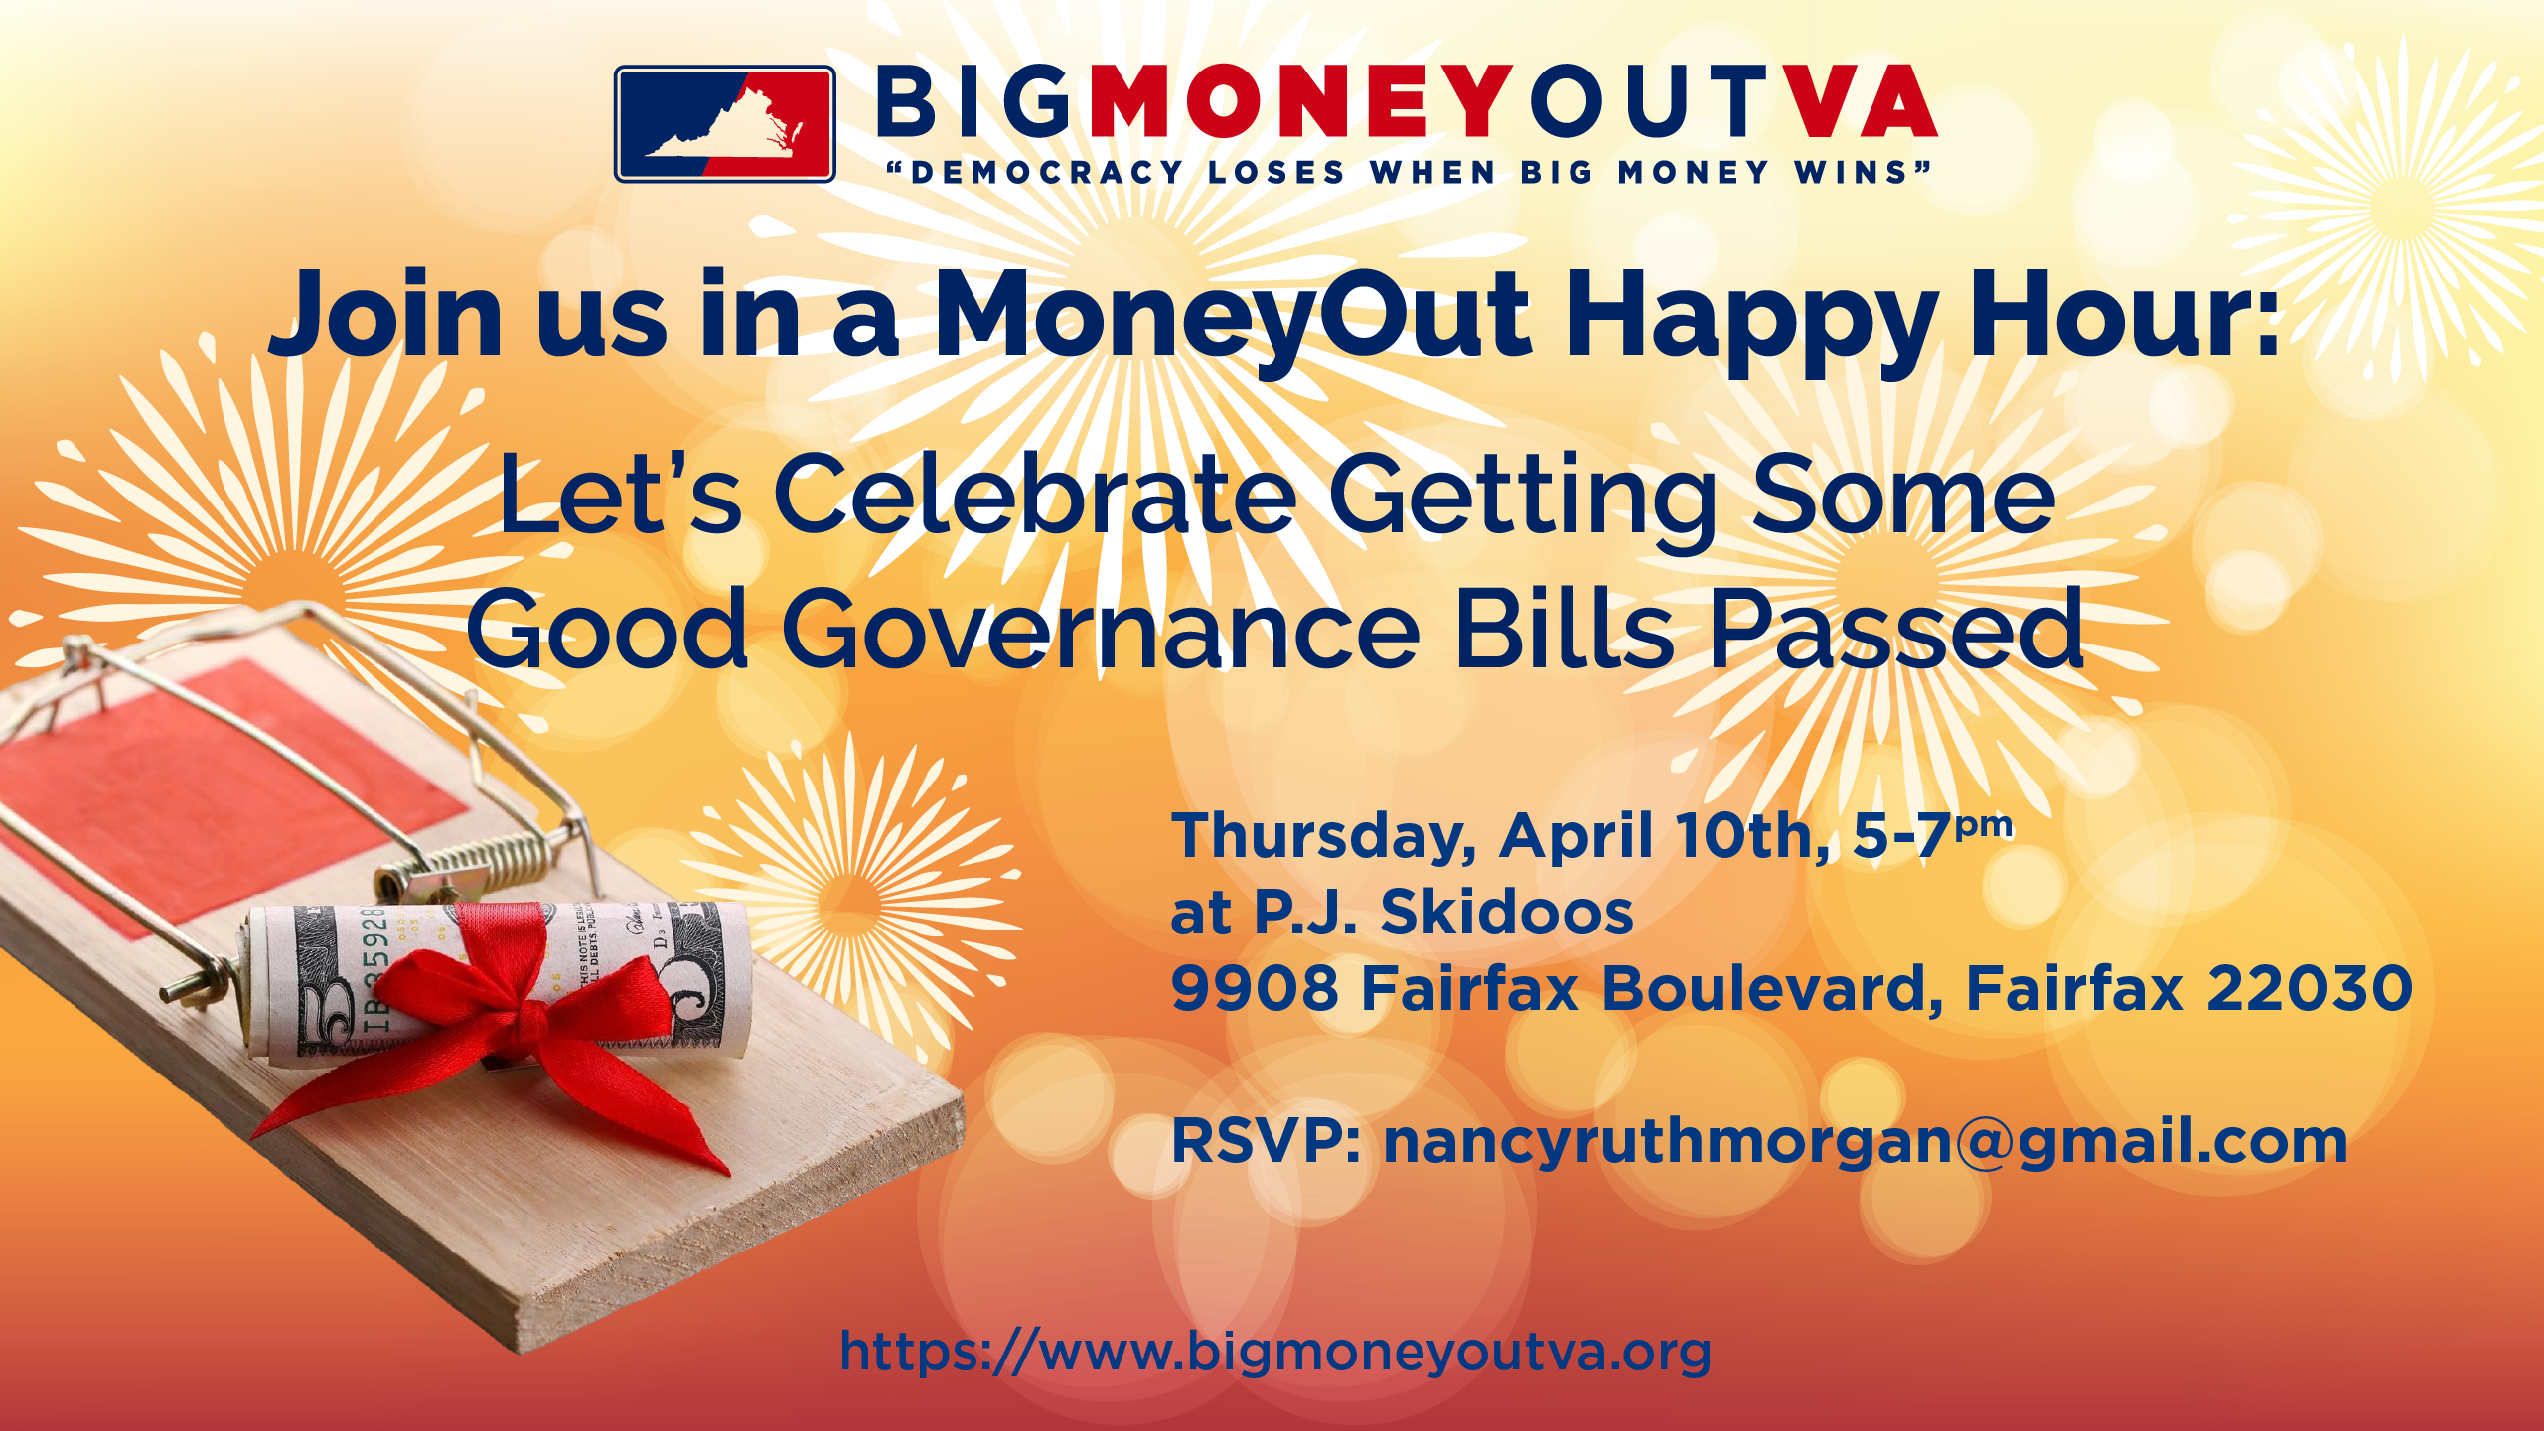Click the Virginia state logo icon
click(x=724, y=124)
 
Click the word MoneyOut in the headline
click(x=1232, y=316)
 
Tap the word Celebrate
click(x=1034, y=494)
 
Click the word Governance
click(x=1101, y=630)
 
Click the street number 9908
click(x=1255, y=988)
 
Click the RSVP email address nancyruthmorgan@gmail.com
click(x=1865, y=1141)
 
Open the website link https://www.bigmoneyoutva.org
click(x=1275, y=1352)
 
